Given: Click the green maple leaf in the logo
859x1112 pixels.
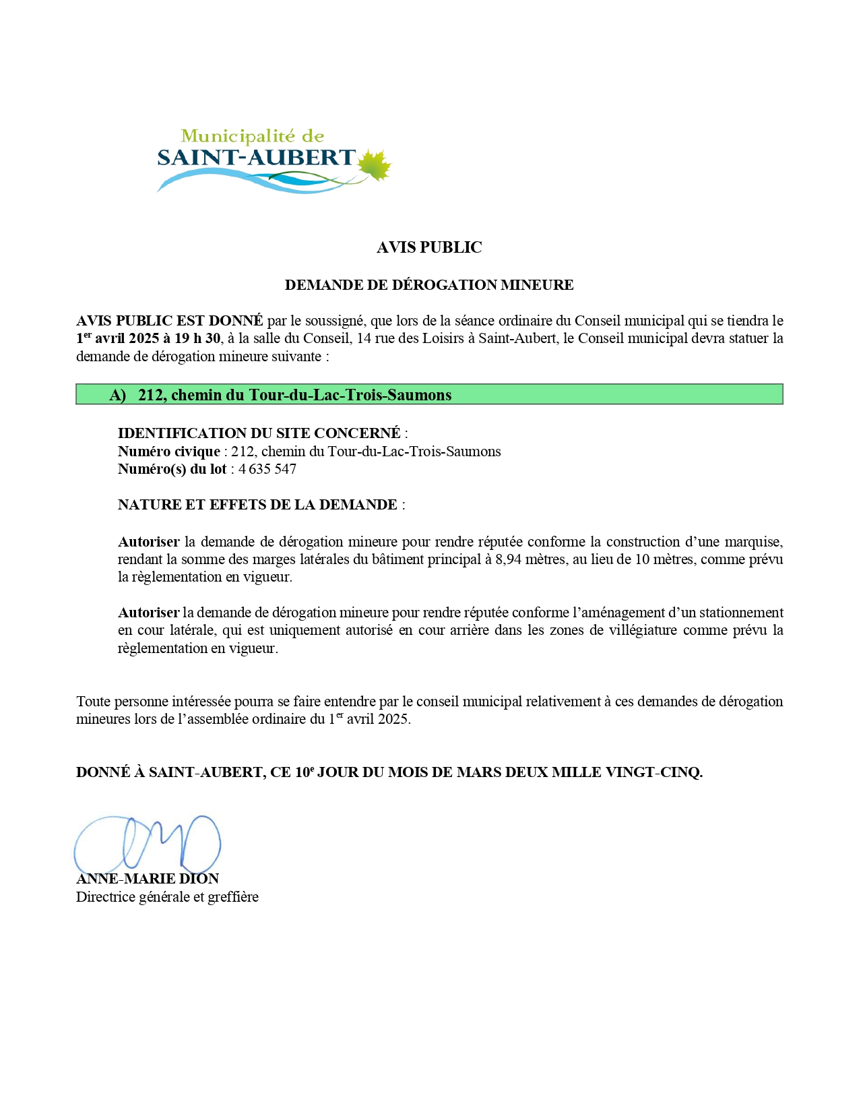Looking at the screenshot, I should [x=375, y=166].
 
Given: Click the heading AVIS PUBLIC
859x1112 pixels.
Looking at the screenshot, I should [x=429, y=247].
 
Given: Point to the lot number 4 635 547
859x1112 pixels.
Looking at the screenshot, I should [x=267, y=469].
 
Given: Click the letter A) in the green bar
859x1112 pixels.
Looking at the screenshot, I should [x=118, y=395].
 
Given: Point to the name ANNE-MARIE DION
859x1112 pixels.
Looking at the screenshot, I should [x=148, y=879].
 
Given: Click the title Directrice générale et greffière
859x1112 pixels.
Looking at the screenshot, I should [x=167, y=897].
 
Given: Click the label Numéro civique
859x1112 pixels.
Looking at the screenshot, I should [x=168, y=452].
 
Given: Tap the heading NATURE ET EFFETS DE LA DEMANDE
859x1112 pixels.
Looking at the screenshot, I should [x=257, y=505].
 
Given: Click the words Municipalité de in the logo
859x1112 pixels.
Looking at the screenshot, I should [x=253, y=137].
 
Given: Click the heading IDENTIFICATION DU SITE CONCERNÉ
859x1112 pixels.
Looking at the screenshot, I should [x=259, y=433].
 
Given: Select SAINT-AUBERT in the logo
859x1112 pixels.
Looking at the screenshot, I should [x=256, y=158].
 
